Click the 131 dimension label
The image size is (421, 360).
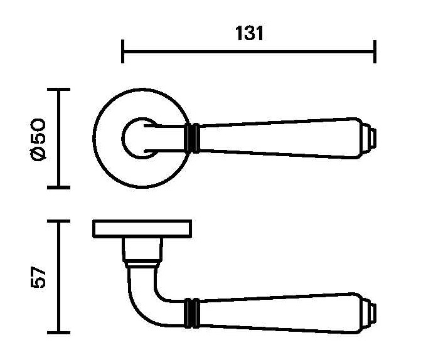coord(249,33)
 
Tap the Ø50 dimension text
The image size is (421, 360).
coord(38,139)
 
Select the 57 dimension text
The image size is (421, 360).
coord(38,277)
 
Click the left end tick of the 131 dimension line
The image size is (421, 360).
coord(123,51)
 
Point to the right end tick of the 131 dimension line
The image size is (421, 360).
coord(375,51)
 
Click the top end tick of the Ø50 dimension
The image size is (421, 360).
coord(59,90)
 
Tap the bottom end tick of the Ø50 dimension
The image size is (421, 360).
coord(59,188)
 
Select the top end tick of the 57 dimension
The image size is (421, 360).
coord(59,221)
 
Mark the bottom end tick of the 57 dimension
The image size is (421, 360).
coord(59,332)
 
